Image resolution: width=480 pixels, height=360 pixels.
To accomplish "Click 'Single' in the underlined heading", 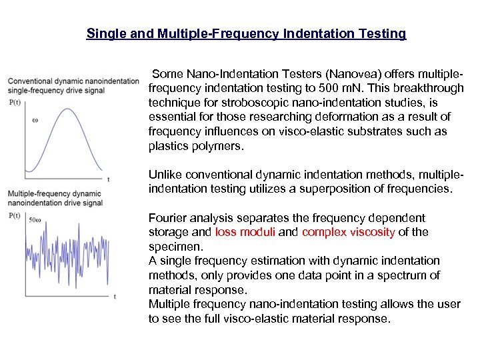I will click(106, 33).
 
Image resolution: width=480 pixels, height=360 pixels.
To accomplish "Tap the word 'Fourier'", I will click(169, 218).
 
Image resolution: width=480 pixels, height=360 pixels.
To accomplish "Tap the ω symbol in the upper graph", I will click(35, 121).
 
